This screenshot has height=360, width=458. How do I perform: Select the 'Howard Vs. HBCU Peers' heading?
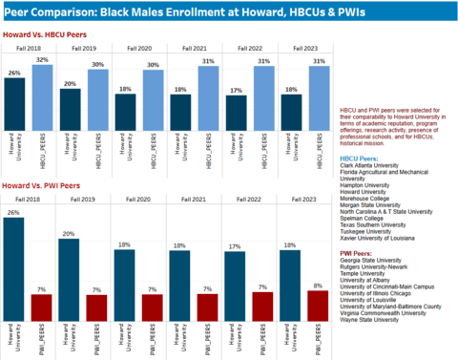[45, 33]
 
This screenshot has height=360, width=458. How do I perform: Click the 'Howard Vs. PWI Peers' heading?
[41, 183]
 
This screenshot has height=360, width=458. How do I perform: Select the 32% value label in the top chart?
[41, 60]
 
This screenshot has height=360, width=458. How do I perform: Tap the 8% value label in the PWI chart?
[318, 285]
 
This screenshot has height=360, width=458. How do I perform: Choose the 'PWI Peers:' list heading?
[361, 253]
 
